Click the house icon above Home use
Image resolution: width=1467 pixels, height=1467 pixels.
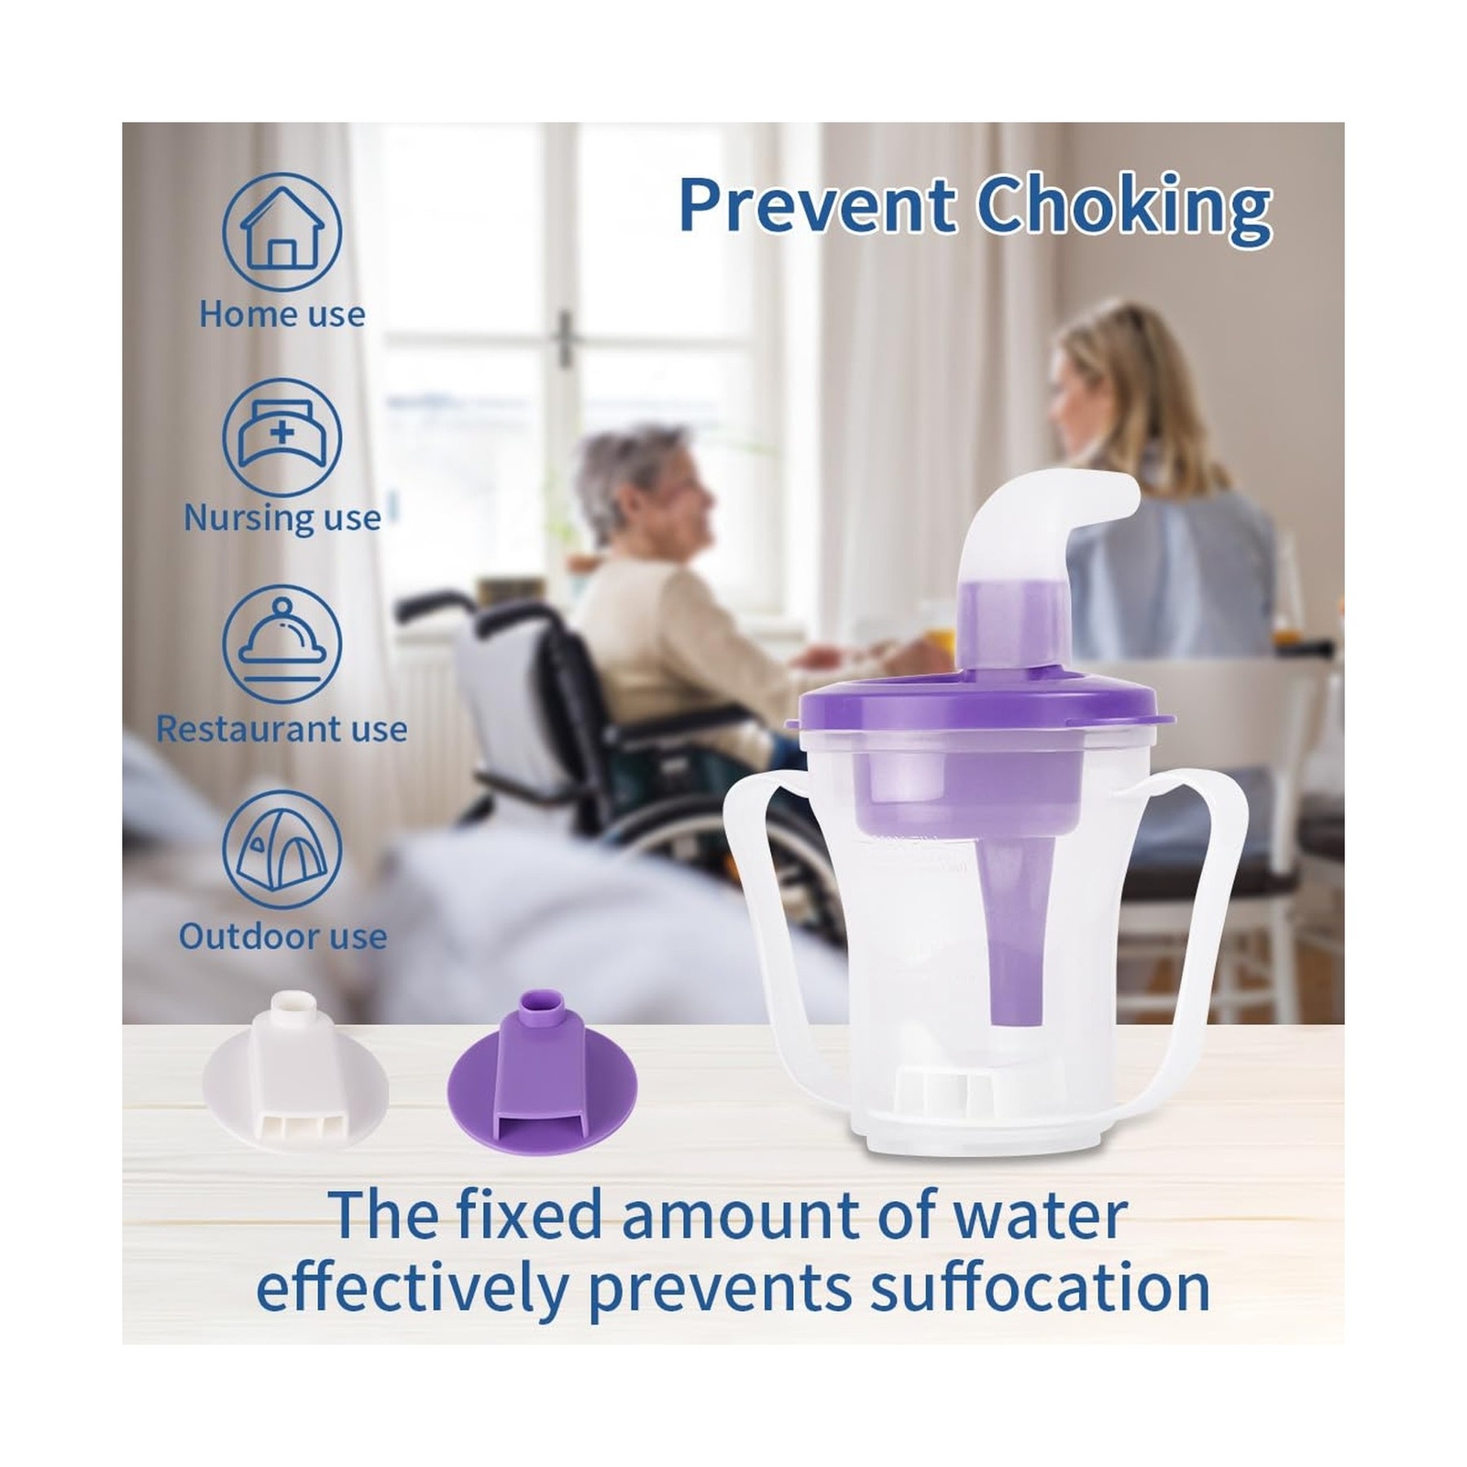[x=282, y=232]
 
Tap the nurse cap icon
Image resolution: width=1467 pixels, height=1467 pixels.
[x=282, y=437]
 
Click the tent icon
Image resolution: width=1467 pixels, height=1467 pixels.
[x=282, y=850]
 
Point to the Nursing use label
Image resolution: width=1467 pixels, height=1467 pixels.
[x=282, y=519]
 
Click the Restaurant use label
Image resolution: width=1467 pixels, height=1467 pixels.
[x=282, y=730]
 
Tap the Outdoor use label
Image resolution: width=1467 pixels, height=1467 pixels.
[x=282, y=937]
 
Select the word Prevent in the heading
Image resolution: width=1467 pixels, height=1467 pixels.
[x=818, y=206]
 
